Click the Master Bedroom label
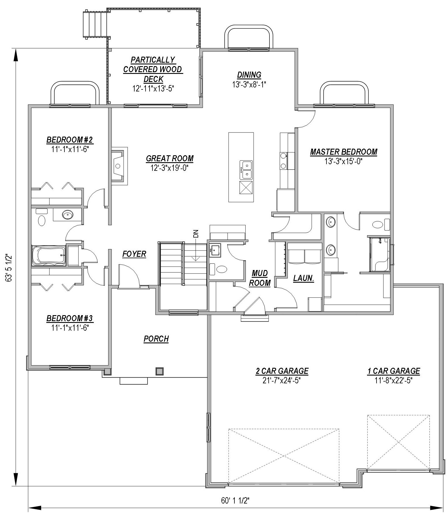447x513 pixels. [x=343, y=152]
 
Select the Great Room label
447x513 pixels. [x=170, y=158]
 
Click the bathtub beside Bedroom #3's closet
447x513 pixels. [x=48, y=255]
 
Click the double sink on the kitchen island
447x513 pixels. [x=247, y=170]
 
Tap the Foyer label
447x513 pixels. [x=134, y=254]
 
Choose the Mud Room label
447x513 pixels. [x=260, y=278]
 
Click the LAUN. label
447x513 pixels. [x=303, y=278]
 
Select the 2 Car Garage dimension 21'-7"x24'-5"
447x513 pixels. [x=282, y=381]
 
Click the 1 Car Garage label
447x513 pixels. [x=393, y=371]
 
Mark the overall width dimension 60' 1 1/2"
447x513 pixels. [x=235, y=501]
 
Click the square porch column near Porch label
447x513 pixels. [x=159, y=371]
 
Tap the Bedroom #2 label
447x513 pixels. [x=70, y=140]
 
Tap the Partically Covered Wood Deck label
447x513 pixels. [x=153, y=69]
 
